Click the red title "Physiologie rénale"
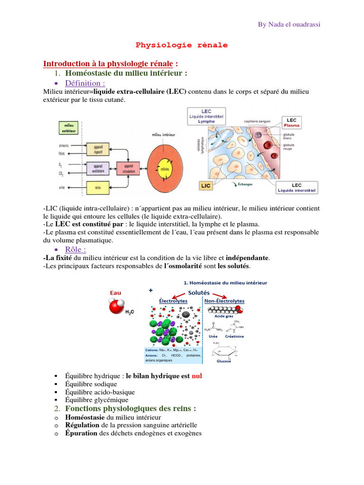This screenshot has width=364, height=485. point(182,45)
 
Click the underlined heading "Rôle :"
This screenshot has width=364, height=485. point(75,249)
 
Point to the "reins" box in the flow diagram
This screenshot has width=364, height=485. point(98,188)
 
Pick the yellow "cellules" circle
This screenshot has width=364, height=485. point(165,168)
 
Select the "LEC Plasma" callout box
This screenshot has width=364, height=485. point(296,123)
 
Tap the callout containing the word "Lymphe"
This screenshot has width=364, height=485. point(206,117)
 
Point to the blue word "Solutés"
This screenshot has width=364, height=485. point(199,292)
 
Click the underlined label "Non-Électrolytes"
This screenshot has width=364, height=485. point(224,301)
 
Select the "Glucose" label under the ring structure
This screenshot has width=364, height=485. point(224,361)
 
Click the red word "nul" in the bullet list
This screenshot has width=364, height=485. point(197,376)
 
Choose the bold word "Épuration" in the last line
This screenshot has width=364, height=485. point(81,433)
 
